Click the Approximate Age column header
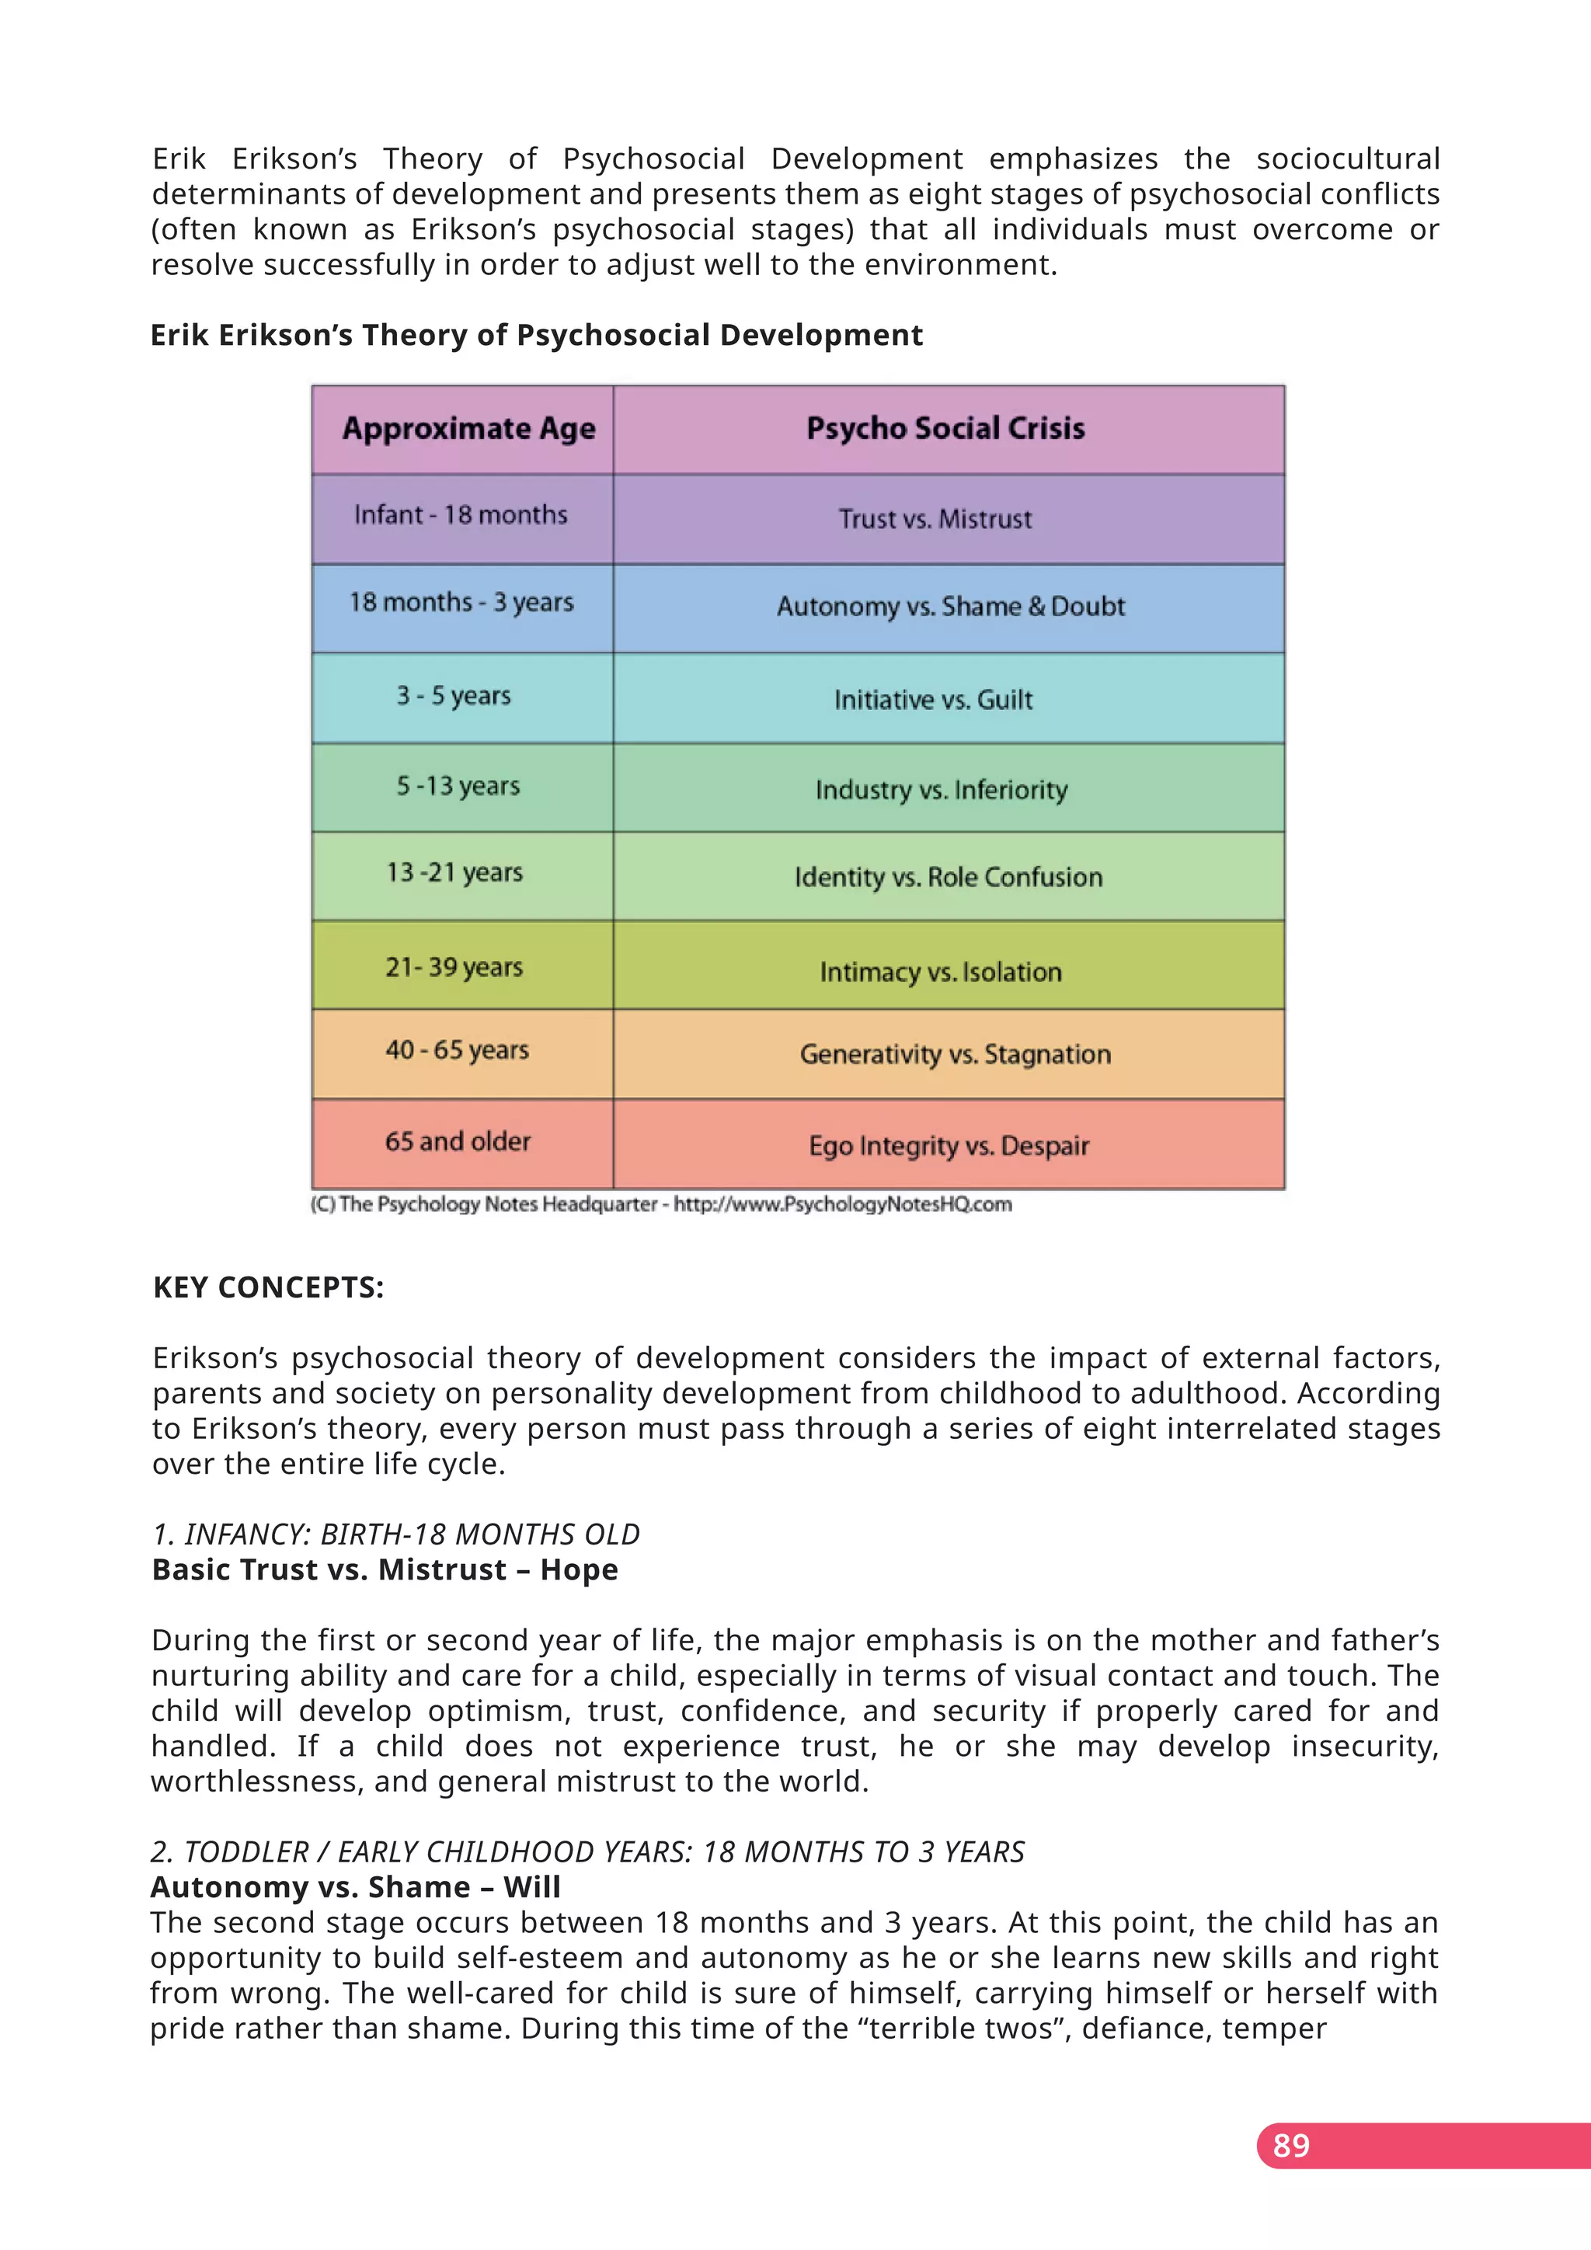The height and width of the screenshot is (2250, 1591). click(x=468, y=429)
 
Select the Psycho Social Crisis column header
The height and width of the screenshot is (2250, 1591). click(x=945, y=428)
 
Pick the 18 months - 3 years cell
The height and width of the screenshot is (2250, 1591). click(x=461, y=603)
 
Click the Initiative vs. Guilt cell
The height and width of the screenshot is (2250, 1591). click(x=933, y=700)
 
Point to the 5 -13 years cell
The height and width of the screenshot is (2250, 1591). click(x=458, y=786)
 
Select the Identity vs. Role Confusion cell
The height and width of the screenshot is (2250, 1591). click(x=947, y=877)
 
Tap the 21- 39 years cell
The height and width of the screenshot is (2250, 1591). click(x=454, y=967)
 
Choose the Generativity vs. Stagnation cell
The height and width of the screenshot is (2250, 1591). click(x=956, y=1054)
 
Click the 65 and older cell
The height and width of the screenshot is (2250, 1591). click(x=458, y=1141)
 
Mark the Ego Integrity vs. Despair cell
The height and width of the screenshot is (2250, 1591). click(x=949, y=1145)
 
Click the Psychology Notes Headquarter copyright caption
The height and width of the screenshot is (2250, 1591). click(x=661, y=1204)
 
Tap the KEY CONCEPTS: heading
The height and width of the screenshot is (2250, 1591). click(x=269, y=1287)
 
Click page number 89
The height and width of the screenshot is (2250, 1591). click(x=1290, y=2145)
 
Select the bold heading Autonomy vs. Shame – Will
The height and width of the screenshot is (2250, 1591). click(x=356, y=1887)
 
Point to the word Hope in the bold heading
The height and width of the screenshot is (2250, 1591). click(x=579, y=1570)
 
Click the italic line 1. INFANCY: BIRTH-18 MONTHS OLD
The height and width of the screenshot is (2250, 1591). click(x=395, y=1534)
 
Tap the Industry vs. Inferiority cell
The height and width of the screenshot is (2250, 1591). click(x=941, y=790)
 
